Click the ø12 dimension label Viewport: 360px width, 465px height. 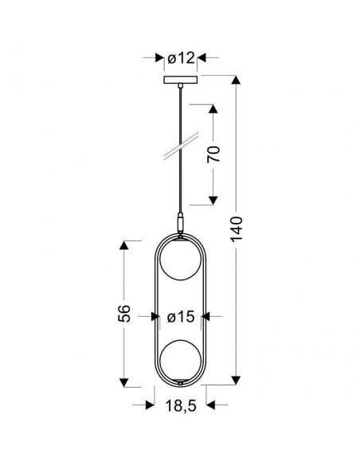pos(181,58)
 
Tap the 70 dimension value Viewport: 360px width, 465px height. pos(213,154)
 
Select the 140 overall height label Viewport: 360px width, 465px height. pos(237,229)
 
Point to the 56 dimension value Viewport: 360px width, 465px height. pos(124,314)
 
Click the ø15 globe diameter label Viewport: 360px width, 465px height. pos(181,317)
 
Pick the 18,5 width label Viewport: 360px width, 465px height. pos(181,405)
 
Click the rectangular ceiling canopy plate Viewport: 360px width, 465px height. pos(181,80)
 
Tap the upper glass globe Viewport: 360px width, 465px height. pos(181,260)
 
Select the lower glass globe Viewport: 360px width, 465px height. pos(181,361)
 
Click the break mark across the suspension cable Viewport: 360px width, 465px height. pos(181,146)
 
